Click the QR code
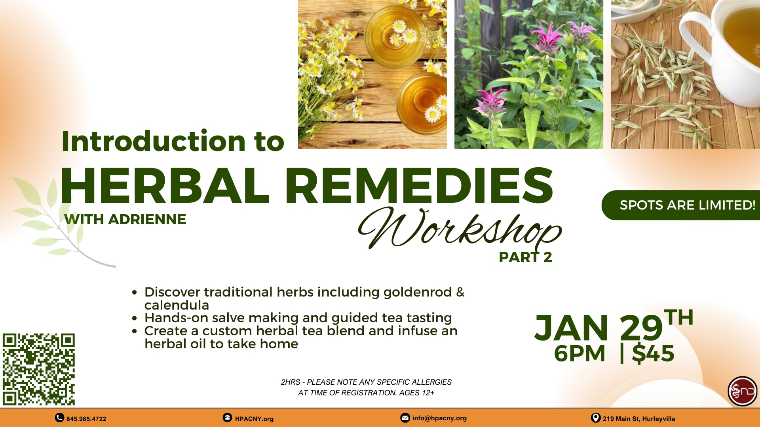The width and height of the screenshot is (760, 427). [x=38, y=369]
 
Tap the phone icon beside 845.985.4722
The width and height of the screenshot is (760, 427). [x=59, y=418]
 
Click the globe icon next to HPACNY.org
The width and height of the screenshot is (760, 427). [x=227, y=418]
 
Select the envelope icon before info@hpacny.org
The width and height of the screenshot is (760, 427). [x=405, y=418]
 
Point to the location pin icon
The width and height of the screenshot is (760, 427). [x=595, y=418]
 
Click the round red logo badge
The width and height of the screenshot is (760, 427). [x=743, y=391]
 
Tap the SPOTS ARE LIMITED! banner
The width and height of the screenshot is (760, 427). [x=681, y=205]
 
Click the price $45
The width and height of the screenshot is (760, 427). [x=653, y=353]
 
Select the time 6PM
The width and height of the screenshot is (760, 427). [x=579, y=353]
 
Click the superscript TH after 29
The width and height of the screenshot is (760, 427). [x=679, y=317]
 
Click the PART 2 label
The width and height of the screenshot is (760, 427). [x=525, y=257]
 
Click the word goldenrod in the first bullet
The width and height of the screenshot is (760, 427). [x=418, y=292]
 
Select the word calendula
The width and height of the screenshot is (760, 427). [x=177, y=305]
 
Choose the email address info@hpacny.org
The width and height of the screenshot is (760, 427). [x=439, y=418]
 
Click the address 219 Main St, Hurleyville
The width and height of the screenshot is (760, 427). [x=639, y=419]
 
